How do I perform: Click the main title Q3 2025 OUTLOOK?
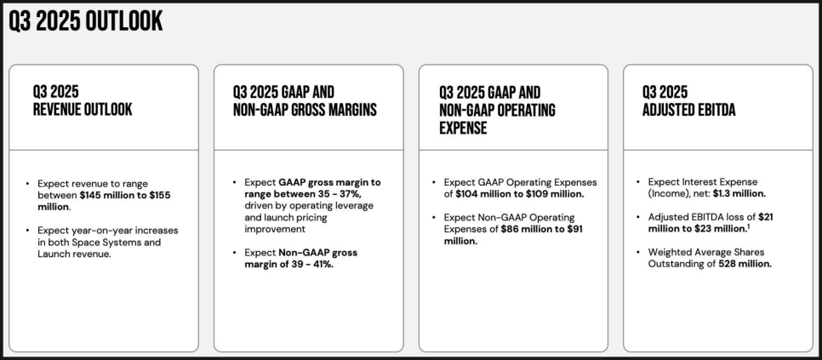click(85, 21)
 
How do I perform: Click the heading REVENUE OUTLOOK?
click(83, 110)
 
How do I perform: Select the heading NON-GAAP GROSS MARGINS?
click(305, 110)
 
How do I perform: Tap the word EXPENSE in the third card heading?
click(463, 128)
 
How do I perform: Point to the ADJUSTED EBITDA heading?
click(689, 110)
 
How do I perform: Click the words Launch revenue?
click(74, 254)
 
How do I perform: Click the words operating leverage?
click(340, 205)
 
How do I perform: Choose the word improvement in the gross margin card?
click(275, 229)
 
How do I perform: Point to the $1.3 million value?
click(739, 193)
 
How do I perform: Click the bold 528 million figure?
click(745, 264)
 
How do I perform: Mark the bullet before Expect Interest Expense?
click(638, 182)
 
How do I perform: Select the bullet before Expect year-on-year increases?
click(27, 231)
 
